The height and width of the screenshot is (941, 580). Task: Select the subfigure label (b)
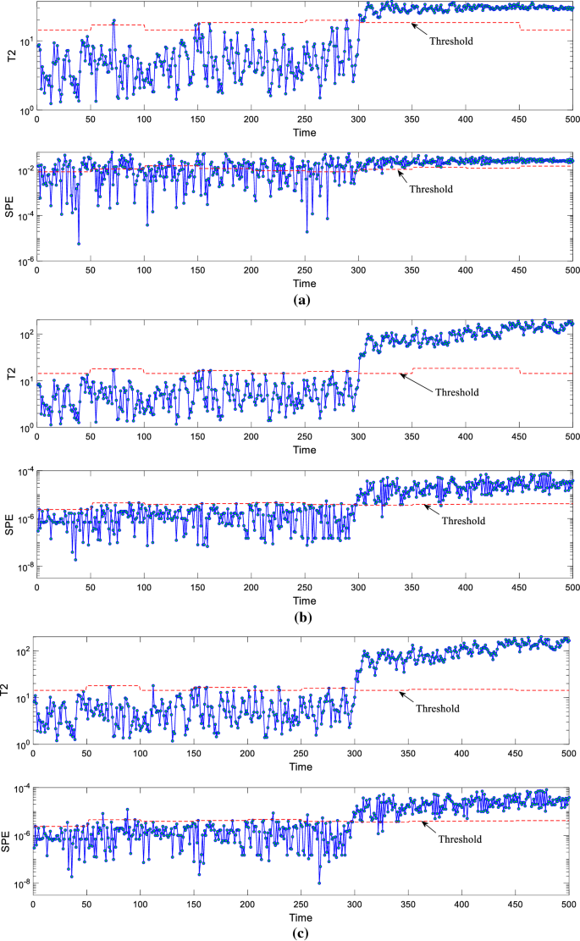click(301, 617)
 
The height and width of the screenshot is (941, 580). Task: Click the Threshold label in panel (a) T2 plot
click(450, 40)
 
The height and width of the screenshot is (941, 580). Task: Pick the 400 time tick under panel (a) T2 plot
click(464, 120)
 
